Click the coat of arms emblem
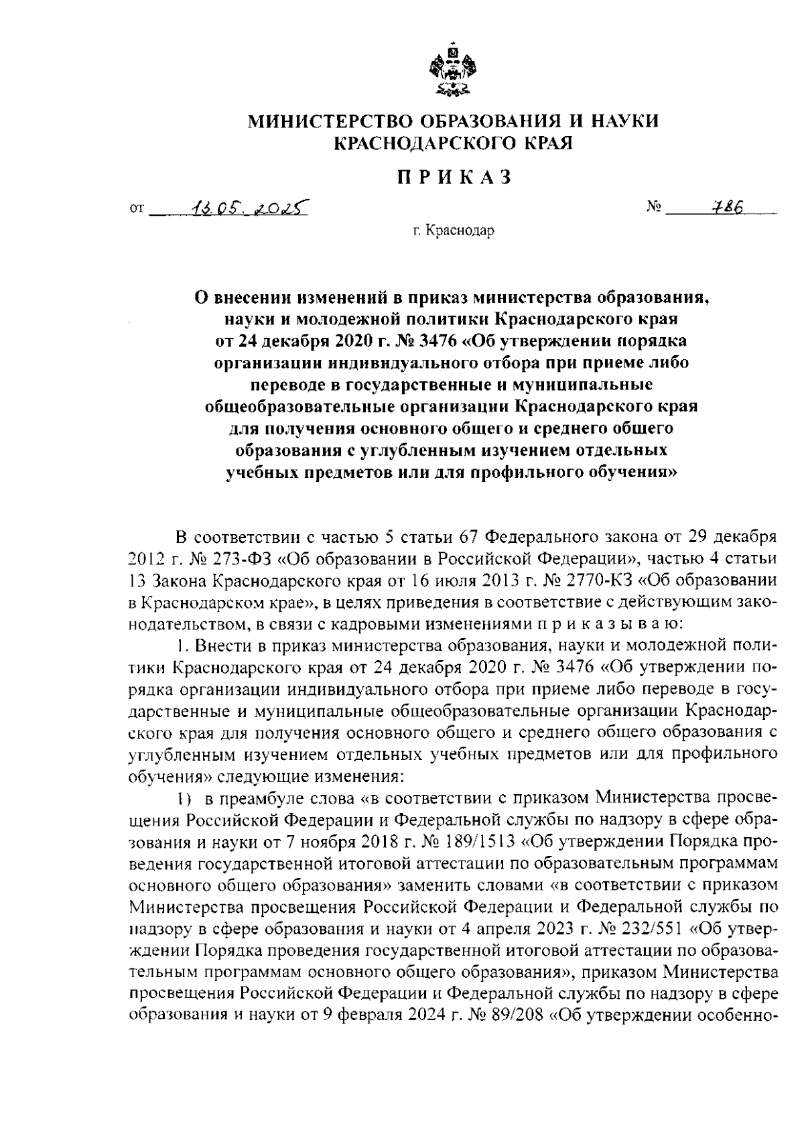(x=454, y=69)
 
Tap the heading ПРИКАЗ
(x=454, y=177)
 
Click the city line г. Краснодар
(x=454, y=232)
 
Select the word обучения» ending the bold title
(x=630, y=472)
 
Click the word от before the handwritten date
(x=137, y=210)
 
